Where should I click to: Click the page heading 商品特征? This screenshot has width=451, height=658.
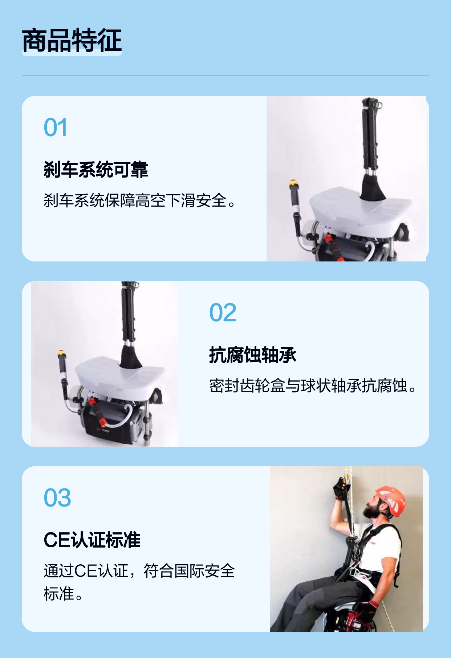click(x=72, y=40)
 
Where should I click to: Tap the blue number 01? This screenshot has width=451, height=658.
click(x=56, y=127)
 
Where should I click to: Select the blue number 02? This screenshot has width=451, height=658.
click(x=223, y=313)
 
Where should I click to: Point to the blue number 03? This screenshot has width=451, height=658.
click(x=57, y=497)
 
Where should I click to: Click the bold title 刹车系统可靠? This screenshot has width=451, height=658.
click(x=96, y=170)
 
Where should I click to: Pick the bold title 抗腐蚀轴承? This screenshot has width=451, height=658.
click(x=253, y=355)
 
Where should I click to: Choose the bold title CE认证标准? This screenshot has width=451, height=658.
click(x=92, y=540)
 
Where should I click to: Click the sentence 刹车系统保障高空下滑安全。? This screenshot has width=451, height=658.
click(x=140, y=200)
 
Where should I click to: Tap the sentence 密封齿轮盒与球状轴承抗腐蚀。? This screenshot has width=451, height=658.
click(x=313, y=386)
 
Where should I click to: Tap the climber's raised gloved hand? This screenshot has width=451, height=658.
click(x=341, y=488)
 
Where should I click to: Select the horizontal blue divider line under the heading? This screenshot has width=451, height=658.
click(x=225, y=76)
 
